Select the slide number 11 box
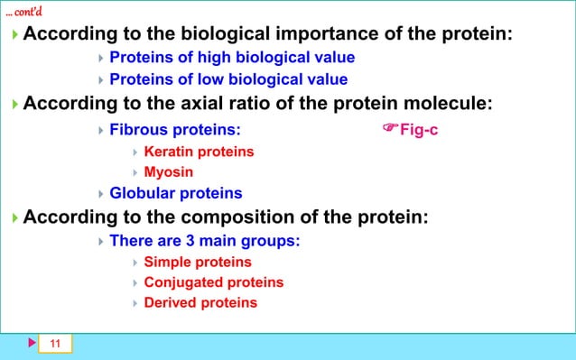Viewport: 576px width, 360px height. (55, 344)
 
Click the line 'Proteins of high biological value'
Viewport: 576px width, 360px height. (232, 58)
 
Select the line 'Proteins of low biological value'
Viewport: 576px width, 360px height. (228, 79)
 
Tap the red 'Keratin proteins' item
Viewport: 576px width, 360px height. (199, 151)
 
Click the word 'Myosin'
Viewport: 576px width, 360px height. (169, 171)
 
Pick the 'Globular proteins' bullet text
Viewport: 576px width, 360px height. (175, 193)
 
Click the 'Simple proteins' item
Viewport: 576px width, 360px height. (198, 262)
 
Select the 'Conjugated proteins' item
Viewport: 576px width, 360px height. (214, 282)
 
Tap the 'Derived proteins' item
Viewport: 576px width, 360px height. (200, 303)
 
